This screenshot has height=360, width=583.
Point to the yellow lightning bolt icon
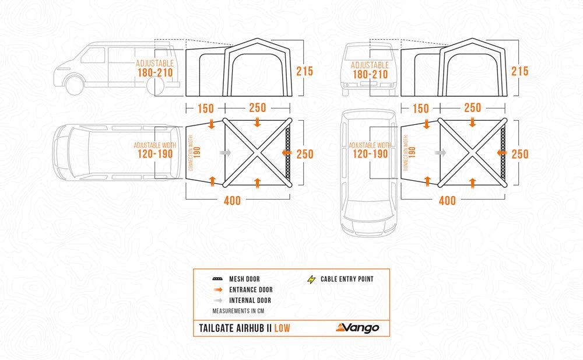[x=311, y=279]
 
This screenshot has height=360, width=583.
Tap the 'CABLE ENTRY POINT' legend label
[x=347, y=279]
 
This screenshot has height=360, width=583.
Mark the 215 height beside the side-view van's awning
[x=304, y=71]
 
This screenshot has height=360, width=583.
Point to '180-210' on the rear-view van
[x=369, y=75]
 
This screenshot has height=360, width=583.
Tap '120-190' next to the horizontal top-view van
[x=156, y=154]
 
